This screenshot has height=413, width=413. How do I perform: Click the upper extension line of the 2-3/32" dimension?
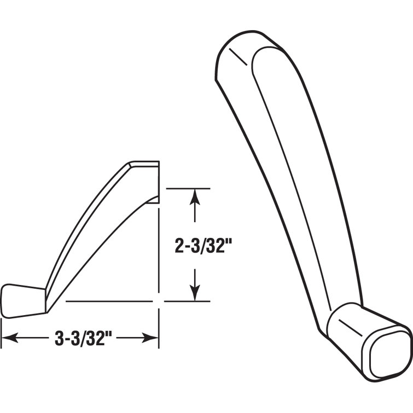click(188, 188)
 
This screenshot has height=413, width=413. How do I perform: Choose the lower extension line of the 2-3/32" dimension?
click(188, 301)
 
